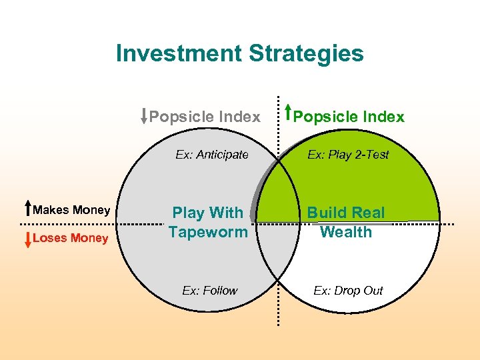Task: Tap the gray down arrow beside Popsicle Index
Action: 144,116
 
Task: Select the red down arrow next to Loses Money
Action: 27,239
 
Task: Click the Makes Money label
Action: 71,210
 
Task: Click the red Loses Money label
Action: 71,239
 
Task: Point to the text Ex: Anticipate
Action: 212,155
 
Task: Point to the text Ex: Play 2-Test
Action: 348,155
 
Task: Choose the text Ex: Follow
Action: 210,290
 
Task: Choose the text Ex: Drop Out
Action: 348,290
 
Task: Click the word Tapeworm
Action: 207,233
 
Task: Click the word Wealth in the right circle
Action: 345,232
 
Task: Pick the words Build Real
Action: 345,213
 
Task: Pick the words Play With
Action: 207,213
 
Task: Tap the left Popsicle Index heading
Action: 205,117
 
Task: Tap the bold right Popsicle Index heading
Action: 349,117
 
